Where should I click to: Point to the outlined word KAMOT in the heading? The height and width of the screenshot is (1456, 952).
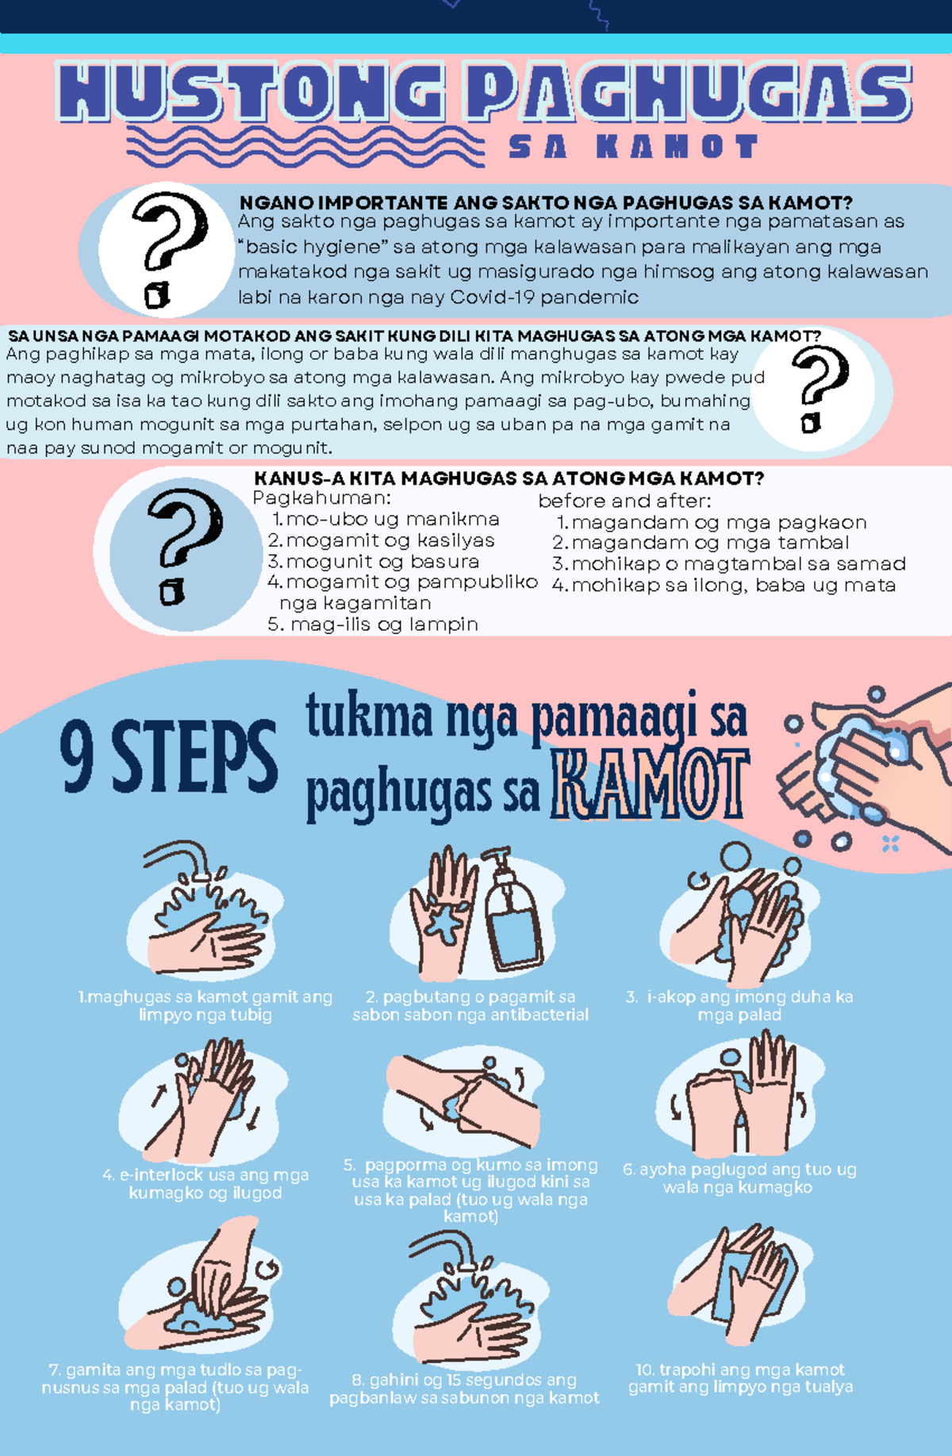point(649,786)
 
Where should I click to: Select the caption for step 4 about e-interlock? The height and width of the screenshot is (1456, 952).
point(205,1184)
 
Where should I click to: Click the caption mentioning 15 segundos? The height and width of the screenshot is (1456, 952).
point(464,1389)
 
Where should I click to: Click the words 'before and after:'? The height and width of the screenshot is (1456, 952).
point(624,501)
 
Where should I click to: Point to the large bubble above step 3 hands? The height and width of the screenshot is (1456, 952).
point(735,858)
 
